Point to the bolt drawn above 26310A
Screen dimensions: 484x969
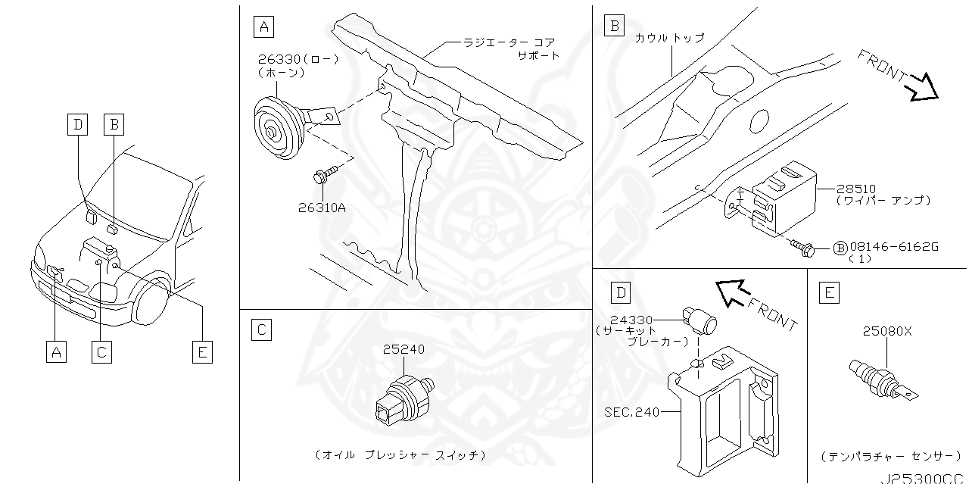[320, 177]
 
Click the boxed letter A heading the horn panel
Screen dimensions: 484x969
[263, 27]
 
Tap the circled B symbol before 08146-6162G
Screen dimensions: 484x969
[840, 248]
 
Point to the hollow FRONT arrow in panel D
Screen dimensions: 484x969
[731, 292]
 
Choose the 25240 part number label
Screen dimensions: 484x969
[403, 349]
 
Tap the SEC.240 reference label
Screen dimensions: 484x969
[631, 412]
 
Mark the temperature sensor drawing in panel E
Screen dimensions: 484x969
[880, 378]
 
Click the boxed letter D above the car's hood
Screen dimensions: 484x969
[77, 123]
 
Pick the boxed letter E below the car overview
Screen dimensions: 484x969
[201, 351]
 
